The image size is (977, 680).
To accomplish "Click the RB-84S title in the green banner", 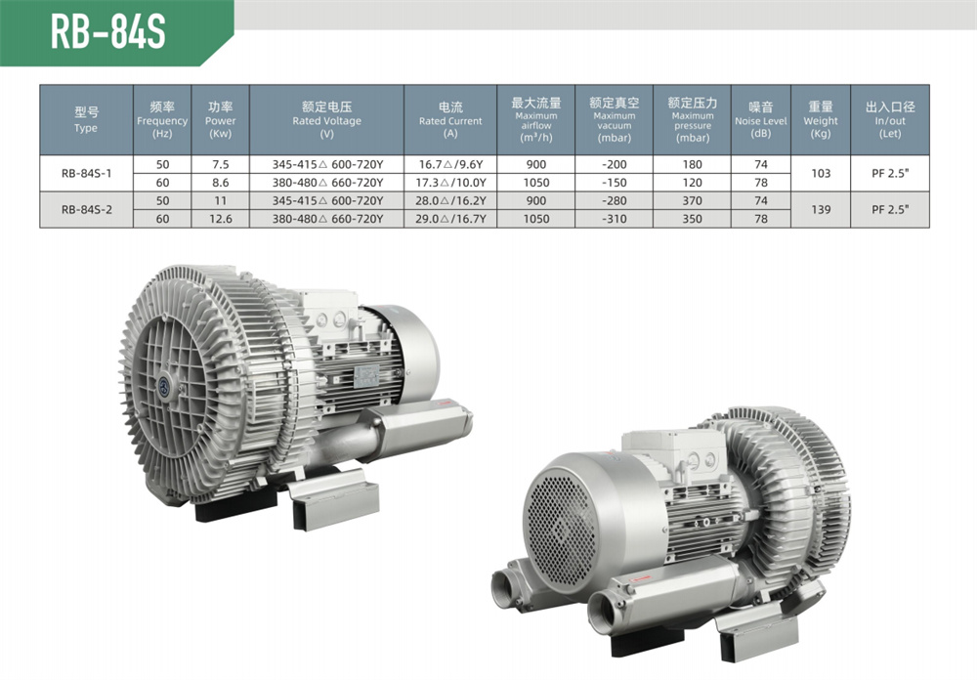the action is click(107, 32).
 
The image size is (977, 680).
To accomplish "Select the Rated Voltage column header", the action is click(326, 119).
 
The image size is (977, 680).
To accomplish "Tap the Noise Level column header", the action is click(760, 119).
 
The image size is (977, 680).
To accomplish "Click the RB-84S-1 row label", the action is click(87, 173).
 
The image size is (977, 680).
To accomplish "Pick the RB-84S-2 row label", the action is click(87, 209).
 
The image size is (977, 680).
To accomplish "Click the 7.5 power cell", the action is click(221, 164).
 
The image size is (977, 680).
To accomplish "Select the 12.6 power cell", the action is click(221, 219).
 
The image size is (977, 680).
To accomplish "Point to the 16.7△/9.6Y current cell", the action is click(450, 164).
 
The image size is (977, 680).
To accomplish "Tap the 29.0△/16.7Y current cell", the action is click(450, 219).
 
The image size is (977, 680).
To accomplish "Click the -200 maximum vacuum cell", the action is click(615, 164).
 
